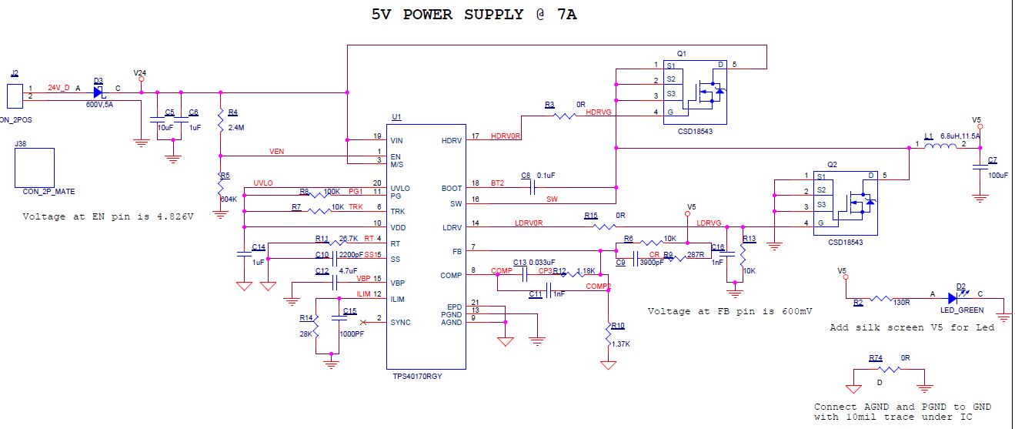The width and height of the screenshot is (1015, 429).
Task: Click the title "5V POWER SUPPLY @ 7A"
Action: click(474, 14)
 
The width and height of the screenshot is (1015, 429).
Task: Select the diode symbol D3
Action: click(98, 92)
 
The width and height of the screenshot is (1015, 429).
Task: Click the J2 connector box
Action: click(14, 96)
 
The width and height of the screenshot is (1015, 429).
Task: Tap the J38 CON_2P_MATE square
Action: click(35, 167)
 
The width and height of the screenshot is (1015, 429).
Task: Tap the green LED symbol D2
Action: click(960, 298)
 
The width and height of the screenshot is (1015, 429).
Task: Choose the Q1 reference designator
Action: click(682, 53)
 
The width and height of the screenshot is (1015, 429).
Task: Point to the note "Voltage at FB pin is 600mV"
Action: click(730, 311)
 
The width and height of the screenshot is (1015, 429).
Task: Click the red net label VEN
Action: click(276, 152)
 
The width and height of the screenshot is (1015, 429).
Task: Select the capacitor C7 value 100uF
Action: click(997, 175)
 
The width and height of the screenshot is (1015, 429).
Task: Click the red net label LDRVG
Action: click(709, 223)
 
